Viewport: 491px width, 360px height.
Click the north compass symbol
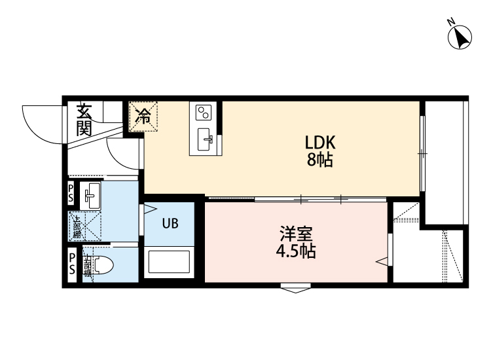tap(460, 36)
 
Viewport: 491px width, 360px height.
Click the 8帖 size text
tap(320, 160)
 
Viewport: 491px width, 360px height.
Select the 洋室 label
tap(296, 234)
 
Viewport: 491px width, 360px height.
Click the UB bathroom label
tap(170, 223)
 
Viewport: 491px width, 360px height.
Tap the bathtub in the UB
tap(169, 263)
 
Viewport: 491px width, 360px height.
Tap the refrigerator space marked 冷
tap(143, 117)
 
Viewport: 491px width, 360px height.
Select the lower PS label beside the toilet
tap(71, 264)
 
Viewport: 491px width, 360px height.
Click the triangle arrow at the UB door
tap(150, 210)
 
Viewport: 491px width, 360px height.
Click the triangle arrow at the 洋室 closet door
tap(381, 262)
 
